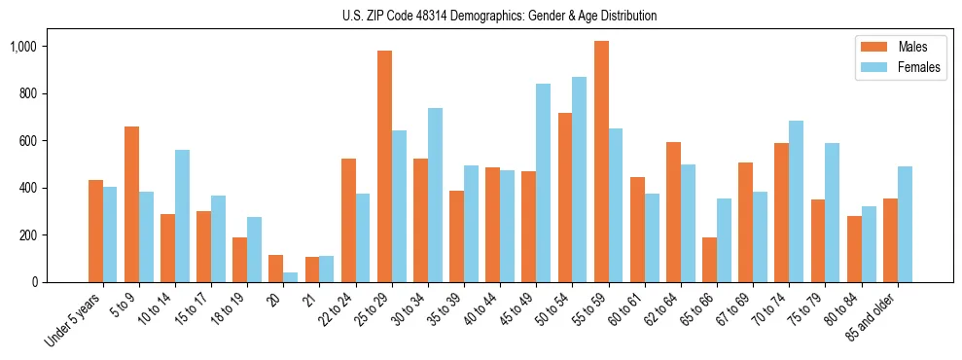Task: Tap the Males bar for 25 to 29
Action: pyautogui.click(x=384, y=166)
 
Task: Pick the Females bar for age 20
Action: pyautogui.click(x=291, y=277)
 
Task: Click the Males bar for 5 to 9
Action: pyautogui.click(x=131, y=204)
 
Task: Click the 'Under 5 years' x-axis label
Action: pyautogui.click(x=74, y=319)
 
